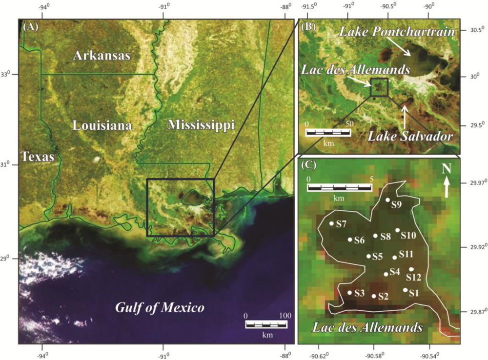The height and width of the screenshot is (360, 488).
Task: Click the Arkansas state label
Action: pyautogui.click(x=102, y=56)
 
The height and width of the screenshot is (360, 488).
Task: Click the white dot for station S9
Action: pyautogui.click(x=387, y=200)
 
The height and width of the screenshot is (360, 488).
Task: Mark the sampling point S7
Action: pyautogui.click(x=332, y=223)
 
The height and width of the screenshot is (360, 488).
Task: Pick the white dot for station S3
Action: pyautogui.click(x=349, y=293)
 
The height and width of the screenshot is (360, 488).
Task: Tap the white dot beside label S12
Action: pyautogui.click(x=411, y=269)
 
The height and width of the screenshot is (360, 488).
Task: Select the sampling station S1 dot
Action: pyautogui.click(x=405, y=290)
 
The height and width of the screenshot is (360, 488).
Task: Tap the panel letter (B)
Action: pyautogui.click(x=308, y=26)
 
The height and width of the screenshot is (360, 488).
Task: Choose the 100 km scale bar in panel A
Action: pyautogui.click(x=266, y=324)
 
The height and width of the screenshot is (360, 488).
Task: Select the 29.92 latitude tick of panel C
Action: pyautogui.click(x=472, y=247)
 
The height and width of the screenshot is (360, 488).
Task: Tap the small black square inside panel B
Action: pyautogui.click(x=379, y=87)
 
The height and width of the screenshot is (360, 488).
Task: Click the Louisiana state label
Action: pyautogui.click(x=102, y=125)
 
